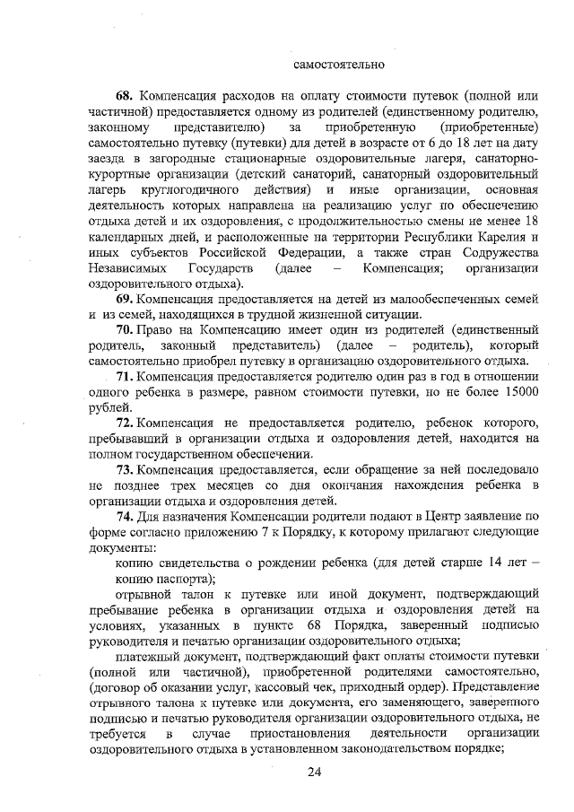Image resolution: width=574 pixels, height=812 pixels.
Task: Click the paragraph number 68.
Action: [x=125, y=95]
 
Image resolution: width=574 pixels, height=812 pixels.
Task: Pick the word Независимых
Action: [x=126, y=268]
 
